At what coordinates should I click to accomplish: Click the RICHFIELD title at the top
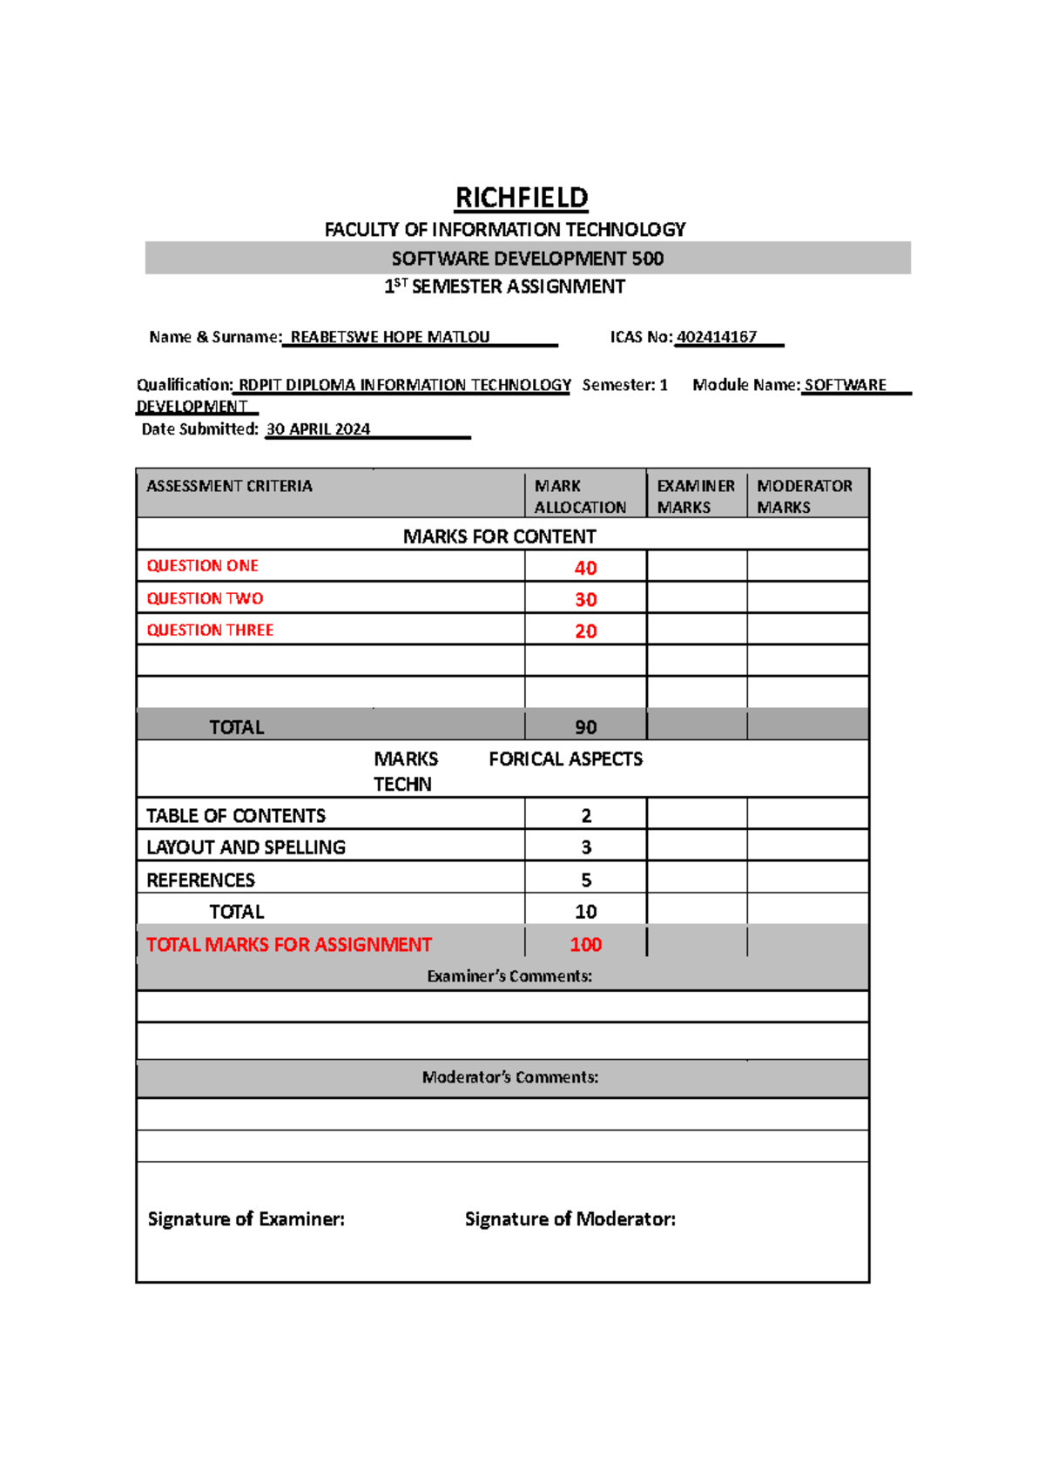pos(522,198)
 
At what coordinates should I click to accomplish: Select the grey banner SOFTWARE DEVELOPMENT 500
pos(527,259)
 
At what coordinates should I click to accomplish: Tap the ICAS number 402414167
pos(717,337)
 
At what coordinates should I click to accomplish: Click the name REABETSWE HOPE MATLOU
pos(389,337)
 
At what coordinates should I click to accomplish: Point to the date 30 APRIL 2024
pos(318,429)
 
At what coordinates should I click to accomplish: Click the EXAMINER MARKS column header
pos(695,496)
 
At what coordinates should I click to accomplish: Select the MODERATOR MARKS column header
pos(804,496)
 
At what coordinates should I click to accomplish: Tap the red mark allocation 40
pos(585,568)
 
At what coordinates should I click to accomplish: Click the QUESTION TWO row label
pos(205,598)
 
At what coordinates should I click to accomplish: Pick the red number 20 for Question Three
pos(585,631)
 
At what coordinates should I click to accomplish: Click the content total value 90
pos(585,727)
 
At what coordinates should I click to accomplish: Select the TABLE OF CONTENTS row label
pos(236,816)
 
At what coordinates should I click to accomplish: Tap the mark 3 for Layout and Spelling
pos(586,847)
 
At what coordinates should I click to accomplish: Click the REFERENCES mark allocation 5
pos(586,880)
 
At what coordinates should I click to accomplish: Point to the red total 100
pos(585,945)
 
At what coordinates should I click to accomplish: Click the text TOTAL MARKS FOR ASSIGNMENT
pos(288,945)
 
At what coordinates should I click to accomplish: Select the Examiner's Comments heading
pos(509,976)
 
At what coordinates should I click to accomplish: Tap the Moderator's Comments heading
pos(509,1077)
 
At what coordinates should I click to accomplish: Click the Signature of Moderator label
pos(570,1219)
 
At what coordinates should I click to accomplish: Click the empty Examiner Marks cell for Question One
pos(697,566)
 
